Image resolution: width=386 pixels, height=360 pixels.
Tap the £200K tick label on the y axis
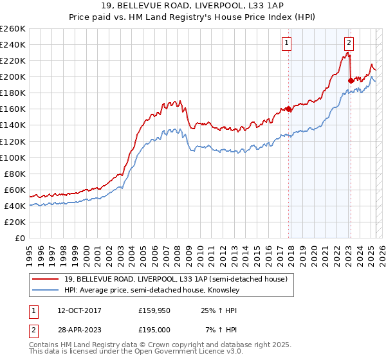tap(13, 76)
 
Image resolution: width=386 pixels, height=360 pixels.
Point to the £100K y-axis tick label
tap(13, 157)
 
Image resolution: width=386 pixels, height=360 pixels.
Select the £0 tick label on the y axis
tap(19, 238)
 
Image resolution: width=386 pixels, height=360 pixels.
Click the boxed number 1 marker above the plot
tap(286, 43)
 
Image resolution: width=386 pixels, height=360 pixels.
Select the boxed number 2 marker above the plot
tap(348, 43)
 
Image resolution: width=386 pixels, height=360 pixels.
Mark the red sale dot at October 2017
tap(289, 109)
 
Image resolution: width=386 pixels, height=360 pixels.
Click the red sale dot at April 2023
tap(351, 80)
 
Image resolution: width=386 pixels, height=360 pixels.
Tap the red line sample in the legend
tap(44, 278)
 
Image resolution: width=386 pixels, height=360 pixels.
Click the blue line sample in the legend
tap(44, 290)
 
